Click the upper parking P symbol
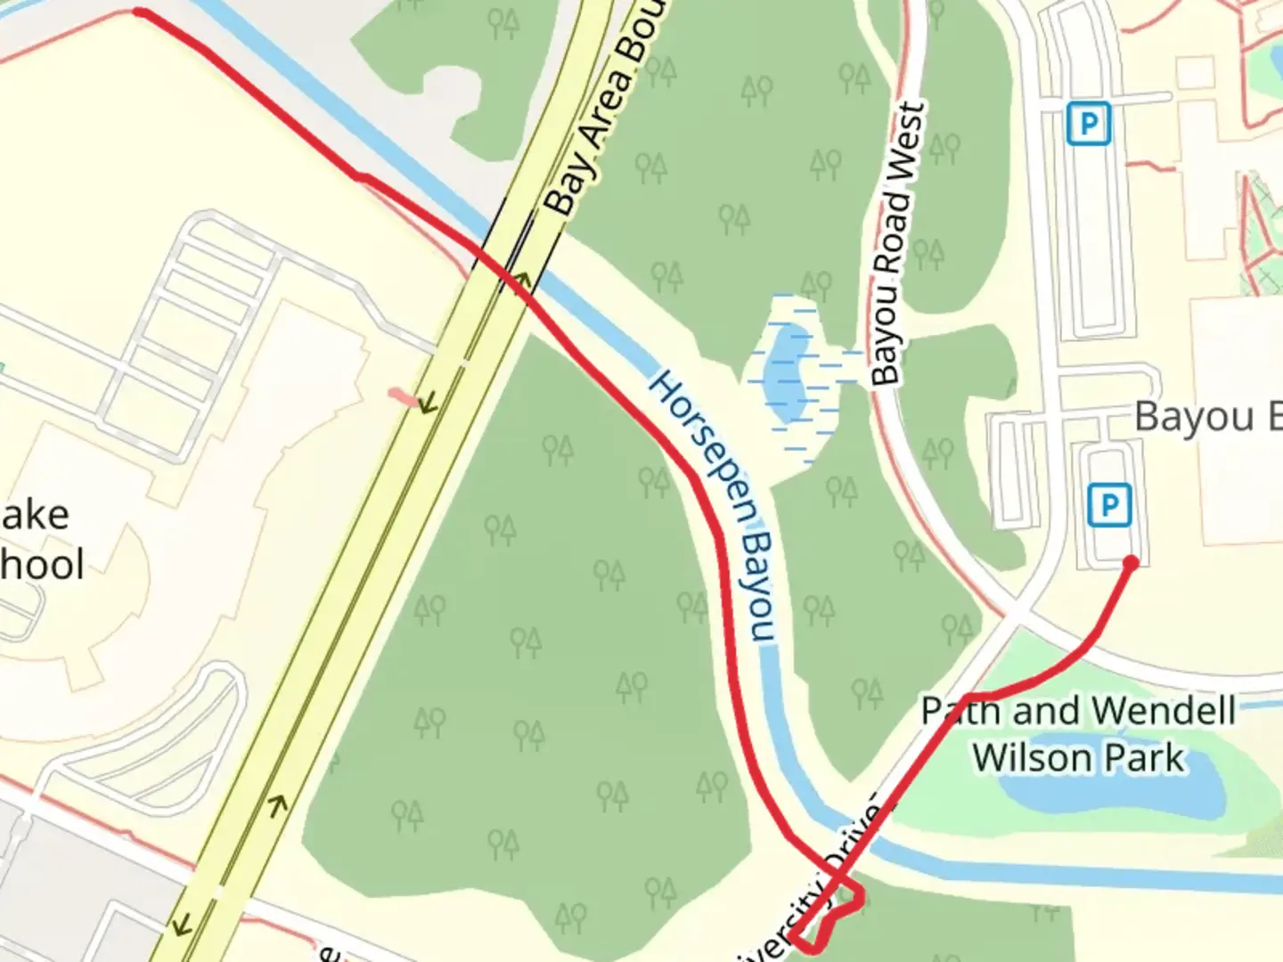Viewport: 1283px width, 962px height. pyautogui.click(x=1088, y=123)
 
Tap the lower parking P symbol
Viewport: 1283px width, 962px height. pyautogui.click(x=1109, y=506)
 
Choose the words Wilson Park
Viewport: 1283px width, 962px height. pyautogui.click(x=1079, y=758)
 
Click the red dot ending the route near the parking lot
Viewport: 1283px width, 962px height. pyautogui.click(x=1131, y=562)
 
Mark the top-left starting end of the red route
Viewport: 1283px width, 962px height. pyautogui.click(x=139, y=12)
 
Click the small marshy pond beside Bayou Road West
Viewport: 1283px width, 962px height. pyautogui.click(x=789, y=365)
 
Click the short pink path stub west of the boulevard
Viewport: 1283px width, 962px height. pyautogui.click(x=403, y=395)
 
